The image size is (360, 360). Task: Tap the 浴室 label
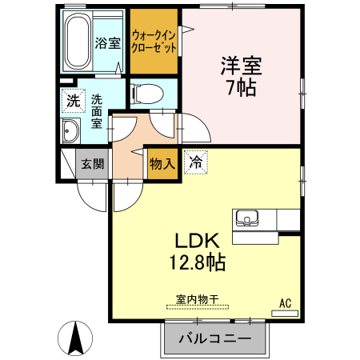[107, 43]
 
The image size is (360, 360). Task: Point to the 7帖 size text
[241, 88]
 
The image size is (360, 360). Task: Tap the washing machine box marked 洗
[73, 102]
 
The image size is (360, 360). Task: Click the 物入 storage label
[162, 164]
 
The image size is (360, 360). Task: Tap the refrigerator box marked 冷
[194, 161]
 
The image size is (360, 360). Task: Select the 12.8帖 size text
[196, 261]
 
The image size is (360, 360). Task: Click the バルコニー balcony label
[214, 339]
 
